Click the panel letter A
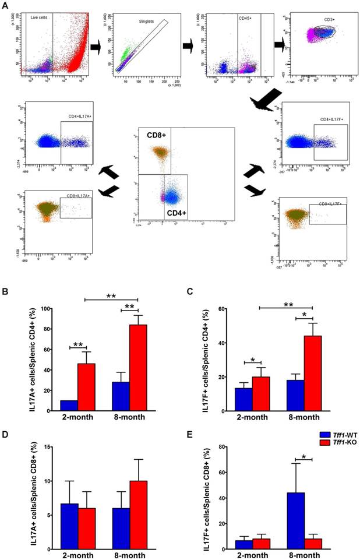(5, 5)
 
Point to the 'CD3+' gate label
(321, 20)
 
